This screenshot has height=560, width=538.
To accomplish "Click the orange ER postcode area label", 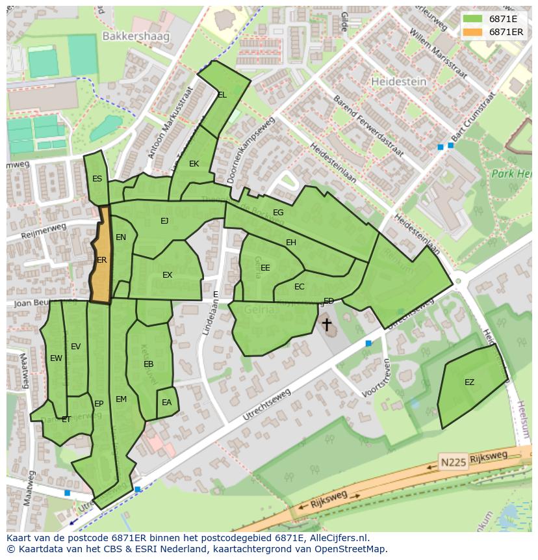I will [x=101, y=260].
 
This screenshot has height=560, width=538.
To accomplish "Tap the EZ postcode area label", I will [x=469, y=382].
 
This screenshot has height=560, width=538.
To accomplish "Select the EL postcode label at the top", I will [x=222, y=95].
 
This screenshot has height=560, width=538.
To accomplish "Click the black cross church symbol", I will [x=326, y=323].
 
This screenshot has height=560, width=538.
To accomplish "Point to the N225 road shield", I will [x=453, y=461].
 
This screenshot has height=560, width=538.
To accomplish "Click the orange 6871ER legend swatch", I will [x=472, y=32].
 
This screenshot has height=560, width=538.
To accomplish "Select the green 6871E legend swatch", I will [x=472, y=19].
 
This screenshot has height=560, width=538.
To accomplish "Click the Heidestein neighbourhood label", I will [x=398, y=82].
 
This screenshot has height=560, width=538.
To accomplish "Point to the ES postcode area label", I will [x=97, y=179].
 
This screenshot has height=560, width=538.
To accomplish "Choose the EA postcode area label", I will [x=166, y=403].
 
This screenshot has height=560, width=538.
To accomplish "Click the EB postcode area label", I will [x=148, y=364].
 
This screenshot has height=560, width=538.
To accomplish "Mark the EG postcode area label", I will [x=278, y=213].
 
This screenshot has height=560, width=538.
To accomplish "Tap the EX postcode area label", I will [x=167, y=275].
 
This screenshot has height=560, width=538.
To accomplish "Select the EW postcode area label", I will [x=56, y=358].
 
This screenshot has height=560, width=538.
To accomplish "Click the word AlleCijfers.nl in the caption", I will [x=336, y=538].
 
